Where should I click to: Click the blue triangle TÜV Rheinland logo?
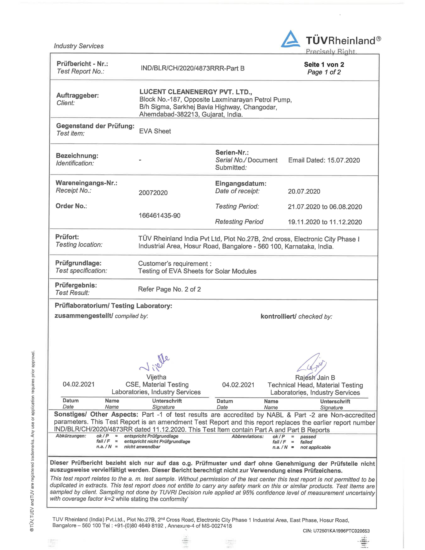point(290,39)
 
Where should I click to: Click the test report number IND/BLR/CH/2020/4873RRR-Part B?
point(192,68)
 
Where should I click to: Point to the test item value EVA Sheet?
point(155,131)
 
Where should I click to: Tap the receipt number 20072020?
point(153,193)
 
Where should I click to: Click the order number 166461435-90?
point(159,216)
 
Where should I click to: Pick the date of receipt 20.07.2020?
point(304,191)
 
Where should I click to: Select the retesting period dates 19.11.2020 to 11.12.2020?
point(325,222)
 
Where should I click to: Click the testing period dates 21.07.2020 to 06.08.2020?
point(325,207)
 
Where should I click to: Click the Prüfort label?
point(67,237)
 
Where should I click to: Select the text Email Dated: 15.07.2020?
point(324,160)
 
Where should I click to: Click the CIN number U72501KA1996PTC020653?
point(336,531)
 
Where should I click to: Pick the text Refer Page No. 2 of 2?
point(169,289)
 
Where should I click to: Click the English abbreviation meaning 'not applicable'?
point(315,447)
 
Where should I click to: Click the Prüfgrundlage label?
point(78,263)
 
